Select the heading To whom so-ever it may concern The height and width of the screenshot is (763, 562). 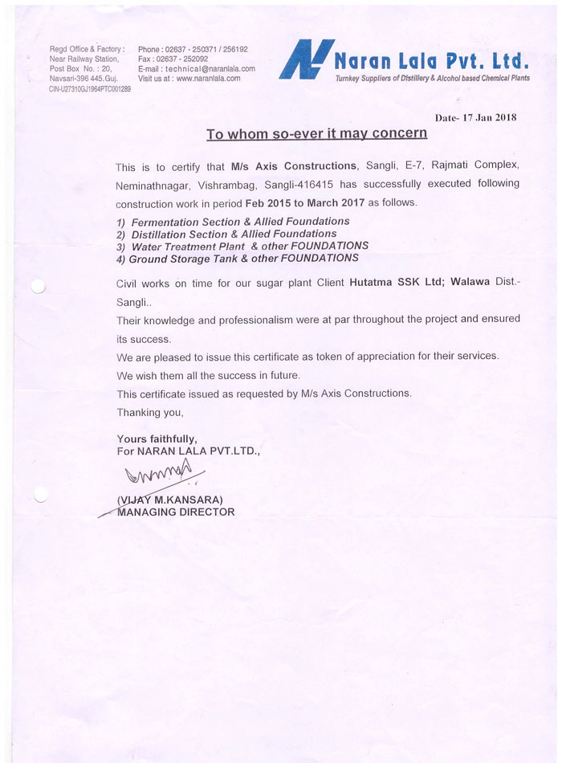[316, 133]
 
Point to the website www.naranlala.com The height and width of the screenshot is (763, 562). [208, 79]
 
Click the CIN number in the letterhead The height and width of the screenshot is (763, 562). [90, 88]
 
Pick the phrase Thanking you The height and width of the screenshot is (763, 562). [150, 412]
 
